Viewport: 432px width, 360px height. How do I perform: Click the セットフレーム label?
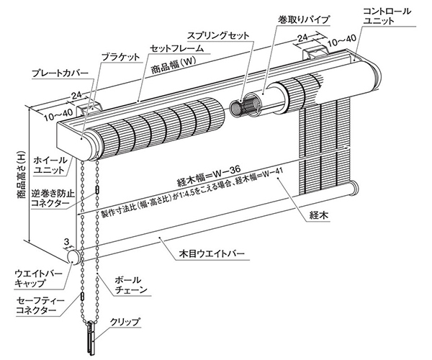(x=176, y=48)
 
